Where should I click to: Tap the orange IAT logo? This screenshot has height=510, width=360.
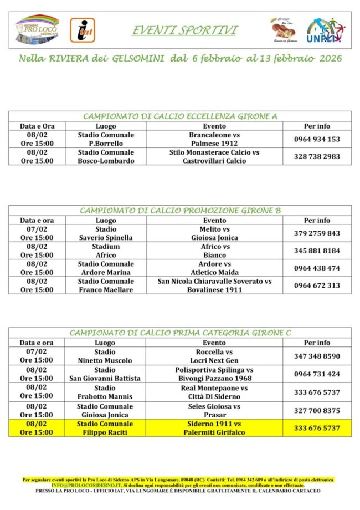point(82,30)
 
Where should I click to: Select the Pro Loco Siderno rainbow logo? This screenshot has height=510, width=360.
point(37,30)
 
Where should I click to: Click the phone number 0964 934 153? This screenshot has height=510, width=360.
point(317,139)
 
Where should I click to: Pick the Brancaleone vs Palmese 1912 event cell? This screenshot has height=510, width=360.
point(214,139)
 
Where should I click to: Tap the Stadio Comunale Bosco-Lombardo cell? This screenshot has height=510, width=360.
point(105,156)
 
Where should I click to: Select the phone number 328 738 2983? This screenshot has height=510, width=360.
point(317,156)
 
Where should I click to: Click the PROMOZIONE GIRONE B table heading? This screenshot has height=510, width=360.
point(180,211)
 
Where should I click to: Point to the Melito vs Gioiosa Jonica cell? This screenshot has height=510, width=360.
point(214,233)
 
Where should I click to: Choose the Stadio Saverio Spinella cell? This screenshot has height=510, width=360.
point(105,233)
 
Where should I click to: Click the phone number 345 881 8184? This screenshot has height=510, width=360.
point(317,251)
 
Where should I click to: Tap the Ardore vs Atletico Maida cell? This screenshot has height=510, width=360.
point(214,268)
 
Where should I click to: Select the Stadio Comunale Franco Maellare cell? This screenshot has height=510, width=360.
point(105,285)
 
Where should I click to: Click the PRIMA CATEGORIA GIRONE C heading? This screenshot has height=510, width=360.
point(180,333)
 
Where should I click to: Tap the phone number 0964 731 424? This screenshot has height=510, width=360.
point(317,374)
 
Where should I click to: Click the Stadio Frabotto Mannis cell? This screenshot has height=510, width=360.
point(105,392)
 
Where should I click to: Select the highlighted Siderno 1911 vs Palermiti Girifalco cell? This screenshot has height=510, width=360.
point(214,428)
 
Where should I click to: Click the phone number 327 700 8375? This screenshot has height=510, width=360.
point(317,410)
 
